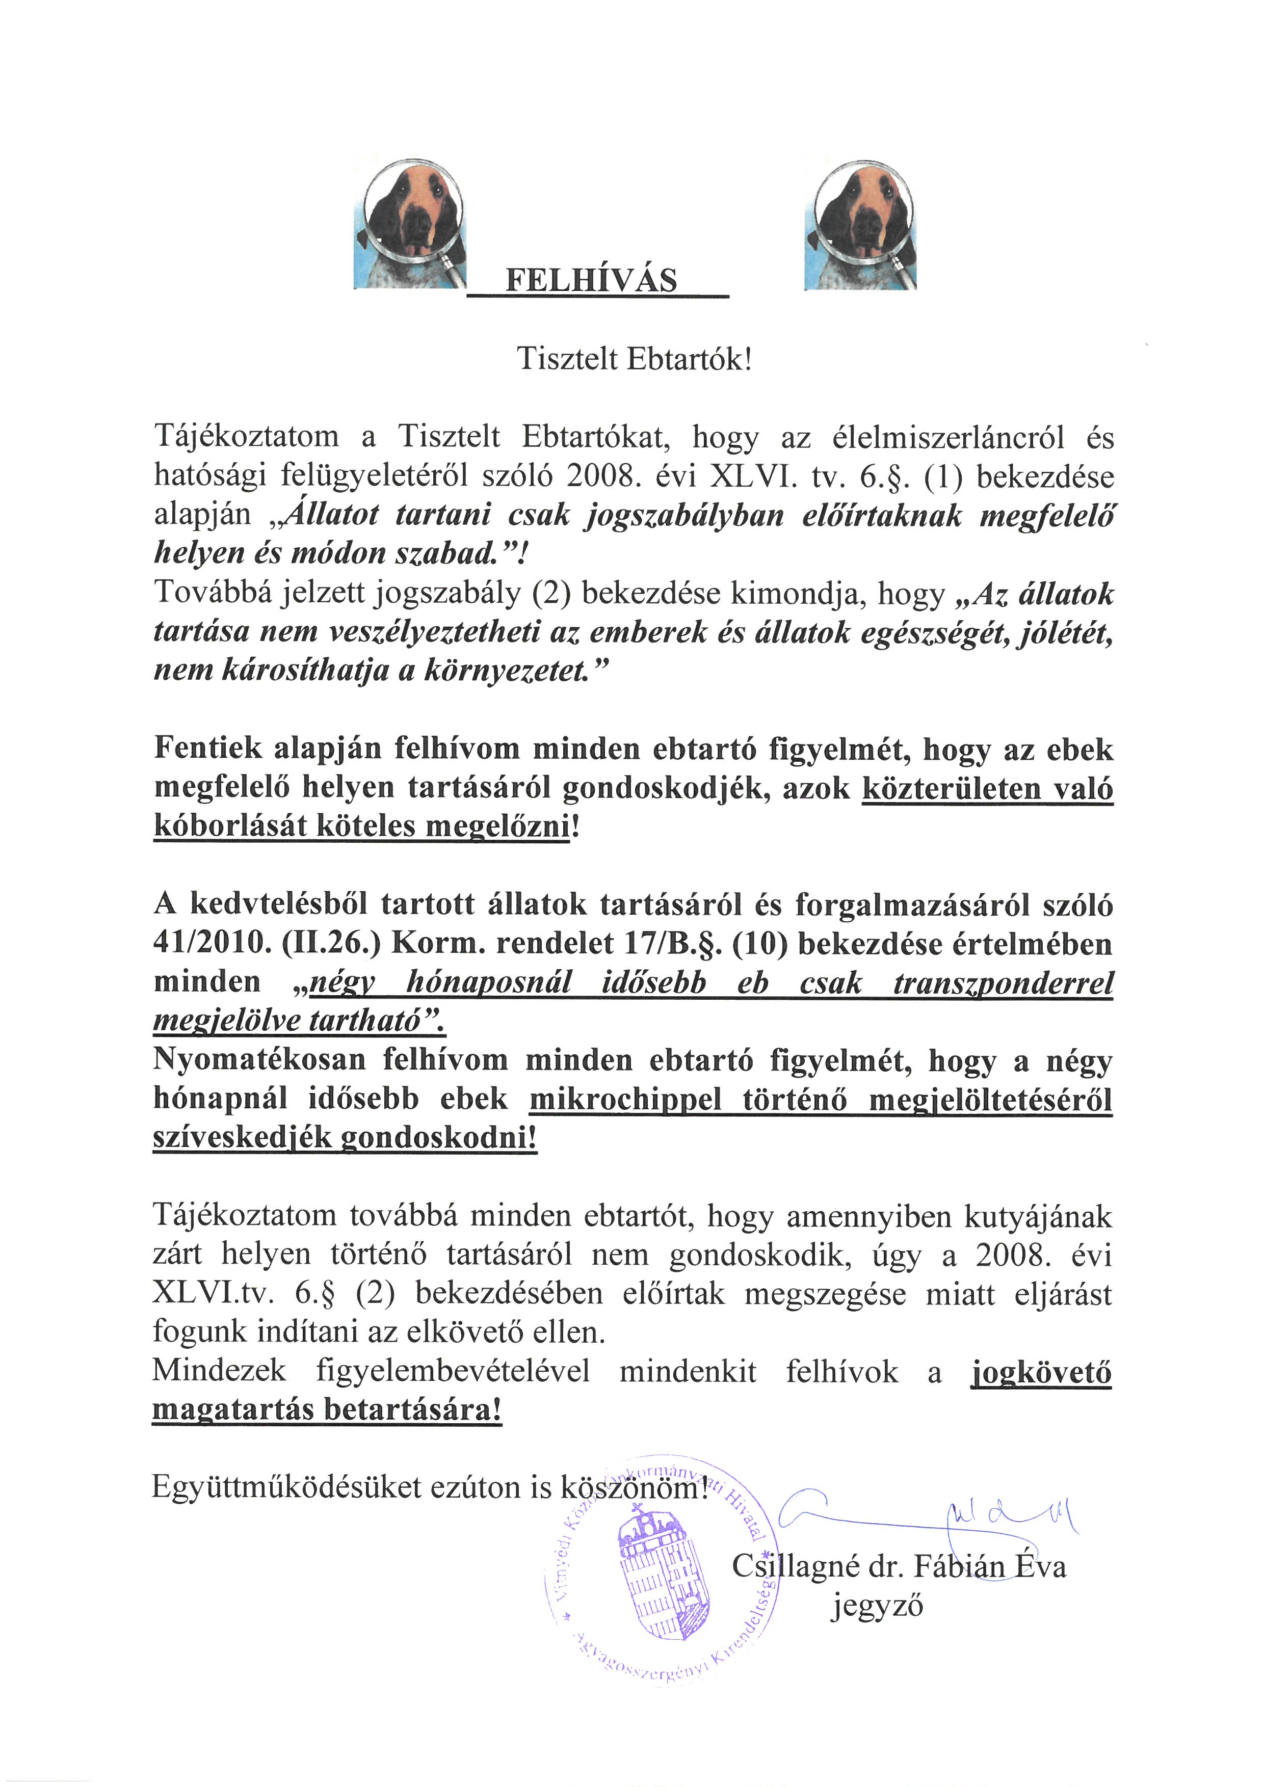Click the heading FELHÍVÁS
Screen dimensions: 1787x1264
pyautogui.click(x=592, y=280)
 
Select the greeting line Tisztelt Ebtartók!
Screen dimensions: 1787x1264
pyautogui.click(x=635, y=360)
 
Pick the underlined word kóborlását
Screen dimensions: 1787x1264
pyautogui.click(x=230, y=826)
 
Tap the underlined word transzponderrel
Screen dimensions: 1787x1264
pyautogui.click(x=1003, y=983)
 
